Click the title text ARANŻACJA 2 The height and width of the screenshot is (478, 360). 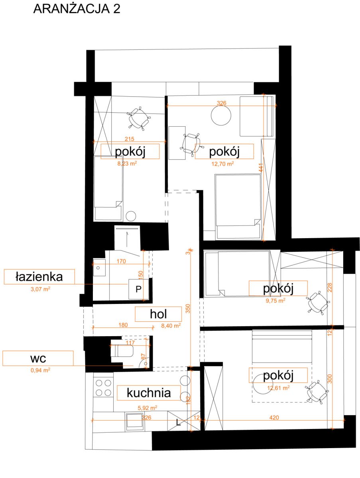[77, 9]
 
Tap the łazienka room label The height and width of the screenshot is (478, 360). [39, 277]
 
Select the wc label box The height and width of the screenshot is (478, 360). [38, 358]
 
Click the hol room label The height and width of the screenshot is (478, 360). [158, 314]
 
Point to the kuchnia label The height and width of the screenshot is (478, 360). [149, 393]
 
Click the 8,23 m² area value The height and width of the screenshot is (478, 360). [127, 163]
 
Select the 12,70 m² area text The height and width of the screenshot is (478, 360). [222, 164]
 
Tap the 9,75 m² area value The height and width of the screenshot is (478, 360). [275, 300]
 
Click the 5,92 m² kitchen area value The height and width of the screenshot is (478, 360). [148, 407]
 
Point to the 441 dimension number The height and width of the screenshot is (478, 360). [261, 168]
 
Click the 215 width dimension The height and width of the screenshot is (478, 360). [130, 139]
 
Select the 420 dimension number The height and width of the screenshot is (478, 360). [274, 417]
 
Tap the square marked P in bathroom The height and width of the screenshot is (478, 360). [139, 289]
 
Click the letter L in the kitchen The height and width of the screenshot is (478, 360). [178, 423]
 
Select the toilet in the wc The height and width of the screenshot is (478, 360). [122, 351]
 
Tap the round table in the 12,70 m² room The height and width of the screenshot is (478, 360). [221, 116]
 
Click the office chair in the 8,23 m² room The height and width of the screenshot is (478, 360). [139, 118]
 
